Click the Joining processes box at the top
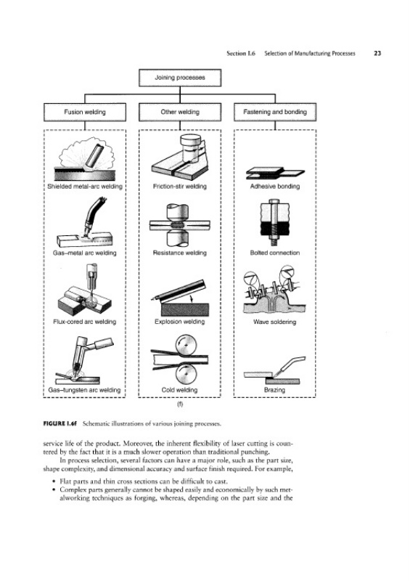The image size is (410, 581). pyautogui.click(x=180, y=78)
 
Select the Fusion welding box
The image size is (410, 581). pyautogui.click(x=85, y=112)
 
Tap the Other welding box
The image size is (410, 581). pyautogui.click(x=180, y=112)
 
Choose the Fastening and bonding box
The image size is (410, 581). pyautogui.click(x=275, y=112)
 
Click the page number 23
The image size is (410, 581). pyautogui.click(x=377, y=53)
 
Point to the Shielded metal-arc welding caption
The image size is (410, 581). pyautogui.click(x=85, y=187)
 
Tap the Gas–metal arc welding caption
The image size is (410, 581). pyautogui.click(x=85, y=253)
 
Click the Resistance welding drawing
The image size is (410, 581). pyautogui.click(x=180, y=225)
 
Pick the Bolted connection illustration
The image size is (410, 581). pyautogui.click(x=275, y=222)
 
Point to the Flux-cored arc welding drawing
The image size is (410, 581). pyautogui.click(x=85, y=290)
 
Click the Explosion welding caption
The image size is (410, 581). pyautogui.click(x=180, y=322)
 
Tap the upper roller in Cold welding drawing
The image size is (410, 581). pyautogui.click(x=186, y=345)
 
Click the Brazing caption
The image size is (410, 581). pyautogui.click(x=274, y=390)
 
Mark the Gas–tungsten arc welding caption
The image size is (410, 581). pyautogui.click(x=84, y=390)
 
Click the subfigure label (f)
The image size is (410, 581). pyautogui.click(x=180, y=405)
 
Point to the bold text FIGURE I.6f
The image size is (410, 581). pyautogui.click(x=60, y=423)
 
